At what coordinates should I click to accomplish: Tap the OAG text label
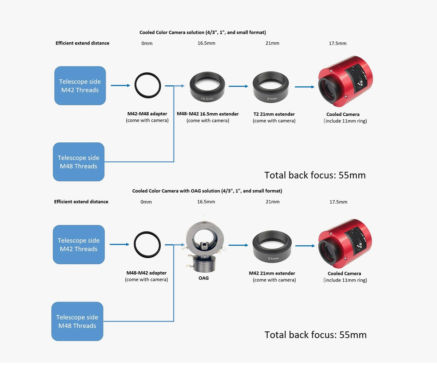coord(204,278)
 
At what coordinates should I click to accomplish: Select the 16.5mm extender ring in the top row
coord(207,87)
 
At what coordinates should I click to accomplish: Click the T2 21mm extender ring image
coord(271,87)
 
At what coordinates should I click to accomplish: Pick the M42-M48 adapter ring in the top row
coord(148,85)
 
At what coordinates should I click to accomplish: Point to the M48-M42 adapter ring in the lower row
coord(147,245)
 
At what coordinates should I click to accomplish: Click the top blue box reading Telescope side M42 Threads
coord(80,85)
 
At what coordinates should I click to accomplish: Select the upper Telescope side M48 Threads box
coord(79,162)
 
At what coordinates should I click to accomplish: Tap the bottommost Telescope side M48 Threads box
coord(77,321)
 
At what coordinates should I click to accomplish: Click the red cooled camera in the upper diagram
coord(345,81)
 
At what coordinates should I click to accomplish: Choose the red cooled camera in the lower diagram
coord(345,243)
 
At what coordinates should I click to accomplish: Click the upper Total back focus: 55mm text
coord(315,175)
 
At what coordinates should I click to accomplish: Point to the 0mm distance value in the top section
coord(147,43)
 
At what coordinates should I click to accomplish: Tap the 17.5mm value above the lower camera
coord(338,202)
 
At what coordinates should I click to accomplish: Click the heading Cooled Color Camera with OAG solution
coord(207,191)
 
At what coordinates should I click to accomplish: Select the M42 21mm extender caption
coord(272,273)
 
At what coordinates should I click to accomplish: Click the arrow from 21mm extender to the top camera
coord(304,87)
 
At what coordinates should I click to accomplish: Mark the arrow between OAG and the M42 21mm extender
coord(238,245)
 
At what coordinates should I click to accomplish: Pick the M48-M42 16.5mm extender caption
coord(208,114)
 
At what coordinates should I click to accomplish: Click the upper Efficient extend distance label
coord(82,43)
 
